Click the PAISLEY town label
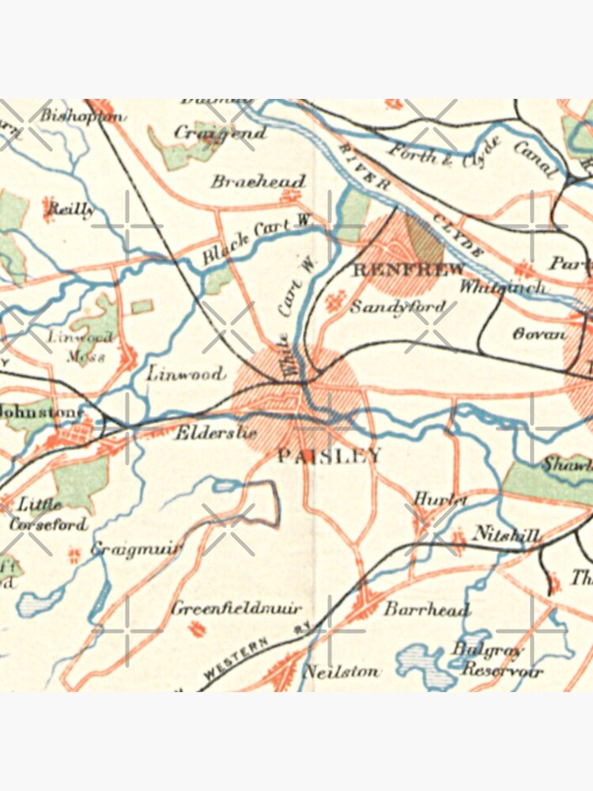point(330,456)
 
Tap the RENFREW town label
point(408,270)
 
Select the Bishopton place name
point(83,115)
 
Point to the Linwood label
point(186,373)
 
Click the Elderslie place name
point(205,433)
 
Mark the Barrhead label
point(427,609)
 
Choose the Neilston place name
point(342,672)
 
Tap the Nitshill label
point(506,536)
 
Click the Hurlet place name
point(436,500)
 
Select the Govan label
point(539,334)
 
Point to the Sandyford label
point(392,306)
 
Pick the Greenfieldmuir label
point(236,609)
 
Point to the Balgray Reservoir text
point(498,659)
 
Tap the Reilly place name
point(71,209)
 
